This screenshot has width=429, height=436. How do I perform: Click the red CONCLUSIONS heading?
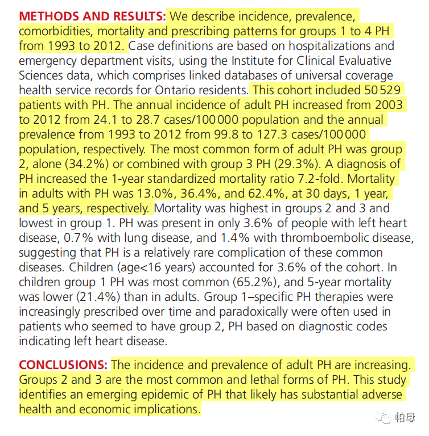(x=63, y=364)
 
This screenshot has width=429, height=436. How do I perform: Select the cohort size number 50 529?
(x=383, y=90)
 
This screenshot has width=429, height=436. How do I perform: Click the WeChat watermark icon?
(x=381, y=417)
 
